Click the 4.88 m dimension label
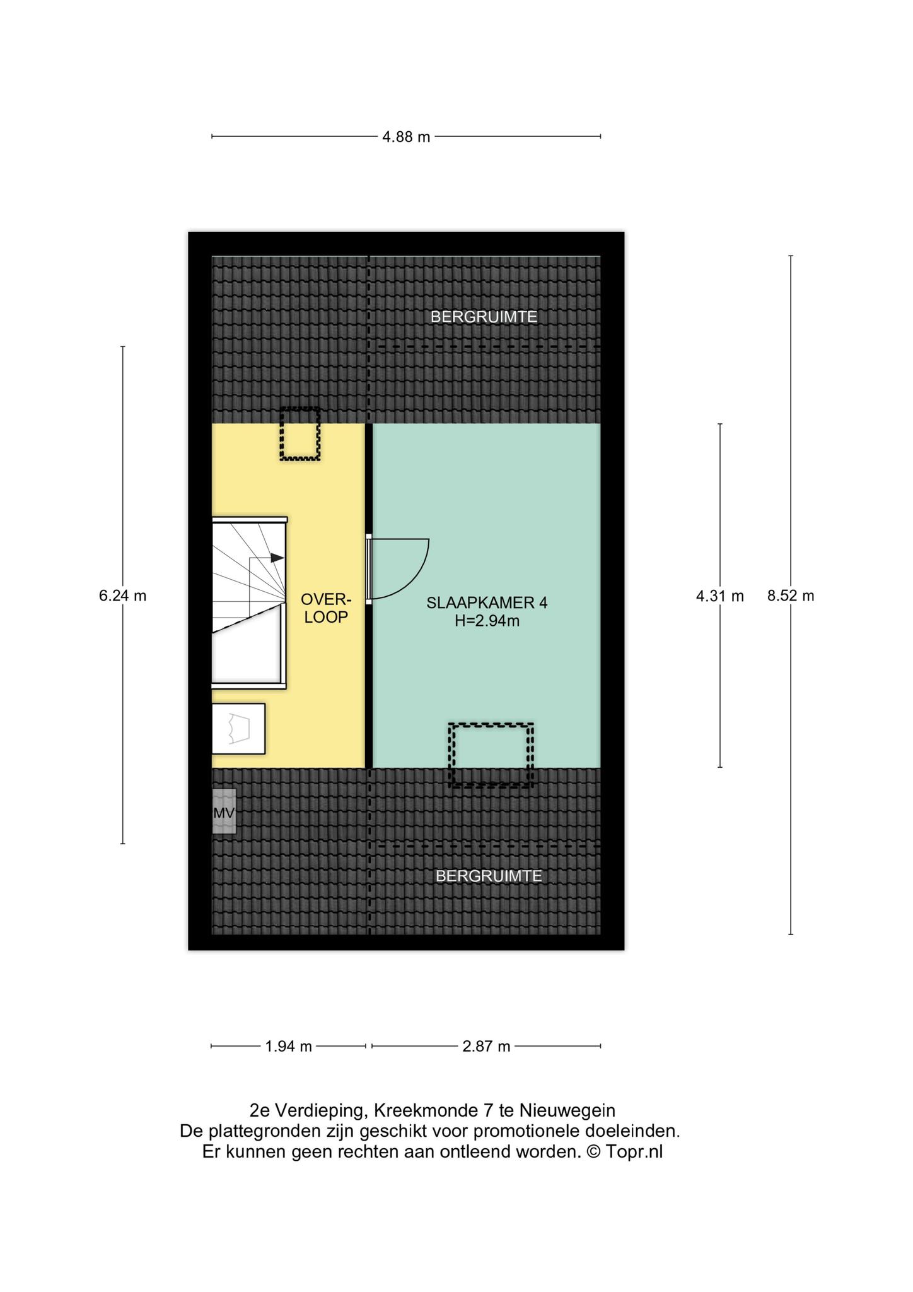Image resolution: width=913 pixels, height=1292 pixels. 406,136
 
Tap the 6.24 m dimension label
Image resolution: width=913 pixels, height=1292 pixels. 122,596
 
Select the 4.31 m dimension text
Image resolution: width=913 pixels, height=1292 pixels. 719,596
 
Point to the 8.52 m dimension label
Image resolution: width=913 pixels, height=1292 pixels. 791,596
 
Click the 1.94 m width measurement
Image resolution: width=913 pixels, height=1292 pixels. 289,1047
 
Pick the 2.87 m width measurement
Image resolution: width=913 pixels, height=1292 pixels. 486,1047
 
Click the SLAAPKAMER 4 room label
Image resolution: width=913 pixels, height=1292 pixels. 487,602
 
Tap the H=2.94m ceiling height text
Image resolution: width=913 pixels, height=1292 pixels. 487,621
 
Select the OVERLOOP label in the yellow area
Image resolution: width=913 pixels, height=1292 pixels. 326,608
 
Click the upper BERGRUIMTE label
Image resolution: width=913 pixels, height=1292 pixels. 484,317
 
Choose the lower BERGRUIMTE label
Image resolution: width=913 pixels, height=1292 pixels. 489,876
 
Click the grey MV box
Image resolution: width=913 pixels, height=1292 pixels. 224,812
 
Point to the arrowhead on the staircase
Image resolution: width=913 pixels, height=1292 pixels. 277,558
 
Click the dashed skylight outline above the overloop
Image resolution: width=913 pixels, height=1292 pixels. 300,434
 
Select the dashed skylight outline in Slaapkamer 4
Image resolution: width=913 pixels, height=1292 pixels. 491,755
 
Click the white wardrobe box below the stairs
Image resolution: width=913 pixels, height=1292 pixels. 238,729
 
